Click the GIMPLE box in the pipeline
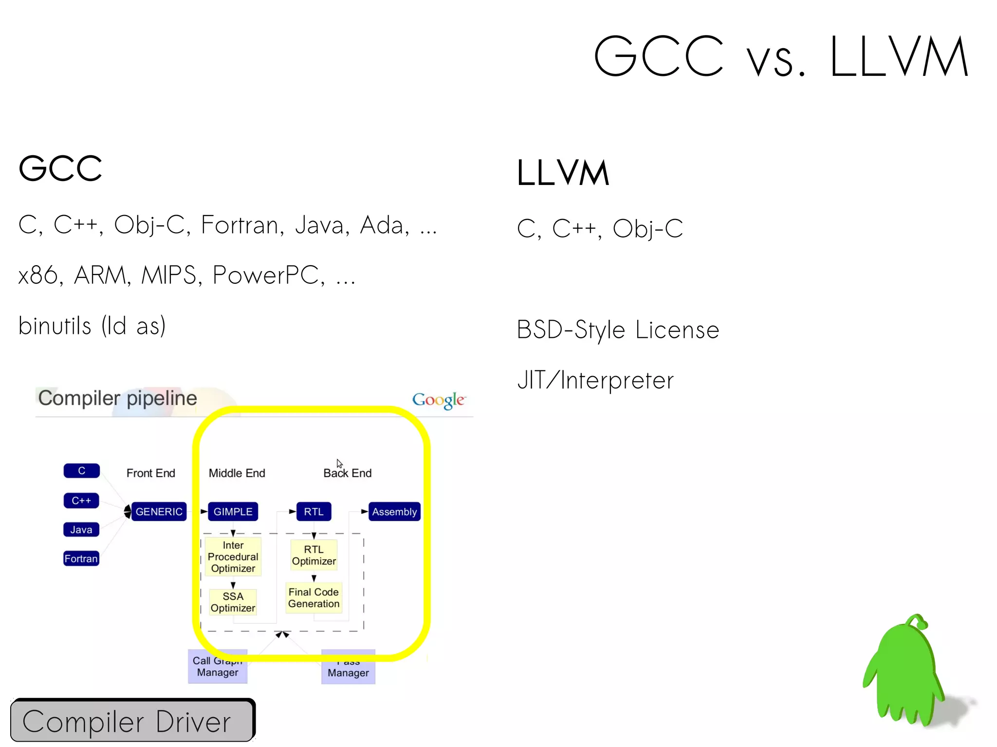pyautogui.click(x=233, y=511)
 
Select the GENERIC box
pyautogui.click(x=159, y=511)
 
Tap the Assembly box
pyautogui.click(x=394, y=511)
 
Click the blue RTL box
pyautogui.click(x=314, y=511)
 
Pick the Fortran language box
pyautogui.click(x=81, y=558)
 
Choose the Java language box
pyautogui.click(x=81, y=529)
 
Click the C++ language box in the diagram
pyautogui.click(x=81, y=500)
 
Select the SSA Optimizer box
pyautogui.click(x=233, y=602)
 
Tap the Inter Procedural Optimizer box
pyautogui.click(x=233, y=557)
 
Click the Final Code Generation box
pyautogui.click(x=314, y=598)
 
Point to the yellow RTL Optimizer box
pyautogui.click(x=314, y=555)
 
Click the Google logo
pyautogui.click(x=439, y=400)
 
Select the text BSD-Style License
pyautogui.click(x=618, y=330)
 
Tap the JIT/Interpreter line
pyautogui.click(x=595, y=381)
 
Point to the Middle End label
pyautogui.click(x=237, y=473)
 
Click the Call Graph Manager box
pyautogui.click(x=218, y=667)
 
